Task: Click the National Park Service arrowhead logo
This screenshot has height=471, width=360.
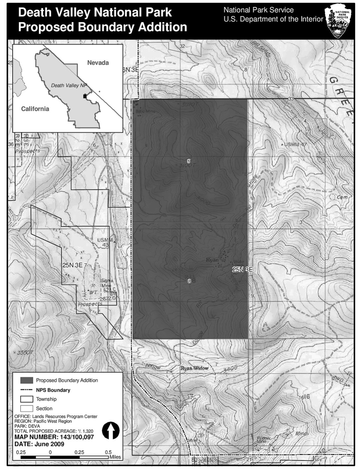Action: coord(339,21)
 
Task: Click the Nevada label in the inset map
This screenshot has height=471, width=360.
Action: coord(98,63)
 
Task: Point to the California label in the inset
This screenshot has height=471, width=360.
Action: coord(35,109)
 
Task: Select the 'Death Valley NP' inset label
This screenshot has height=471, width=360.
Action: coord(69,85)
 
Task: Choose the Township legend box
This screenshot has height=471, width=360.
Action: coord(27,399)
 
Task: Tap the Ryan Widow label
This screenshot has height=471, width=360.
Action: coord(194,368)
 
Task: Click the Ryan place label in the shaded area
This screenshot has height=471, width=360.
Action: coord(212,260)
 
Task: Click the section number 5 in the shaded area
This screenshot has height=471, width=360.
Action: coord(189,161)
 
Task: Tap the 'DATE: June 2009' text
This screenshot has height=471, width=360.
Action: coord(39,444)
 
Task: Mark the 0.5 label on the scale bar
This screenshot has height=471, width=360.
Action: coord(108,452)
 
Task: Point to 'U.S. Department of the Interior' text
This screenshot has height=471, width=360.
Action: coord(273,19)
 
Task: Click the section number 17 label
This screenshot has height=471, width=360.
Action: coord(191,398)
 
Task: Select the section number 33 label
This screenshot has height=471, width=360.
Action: coord(291,99)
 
